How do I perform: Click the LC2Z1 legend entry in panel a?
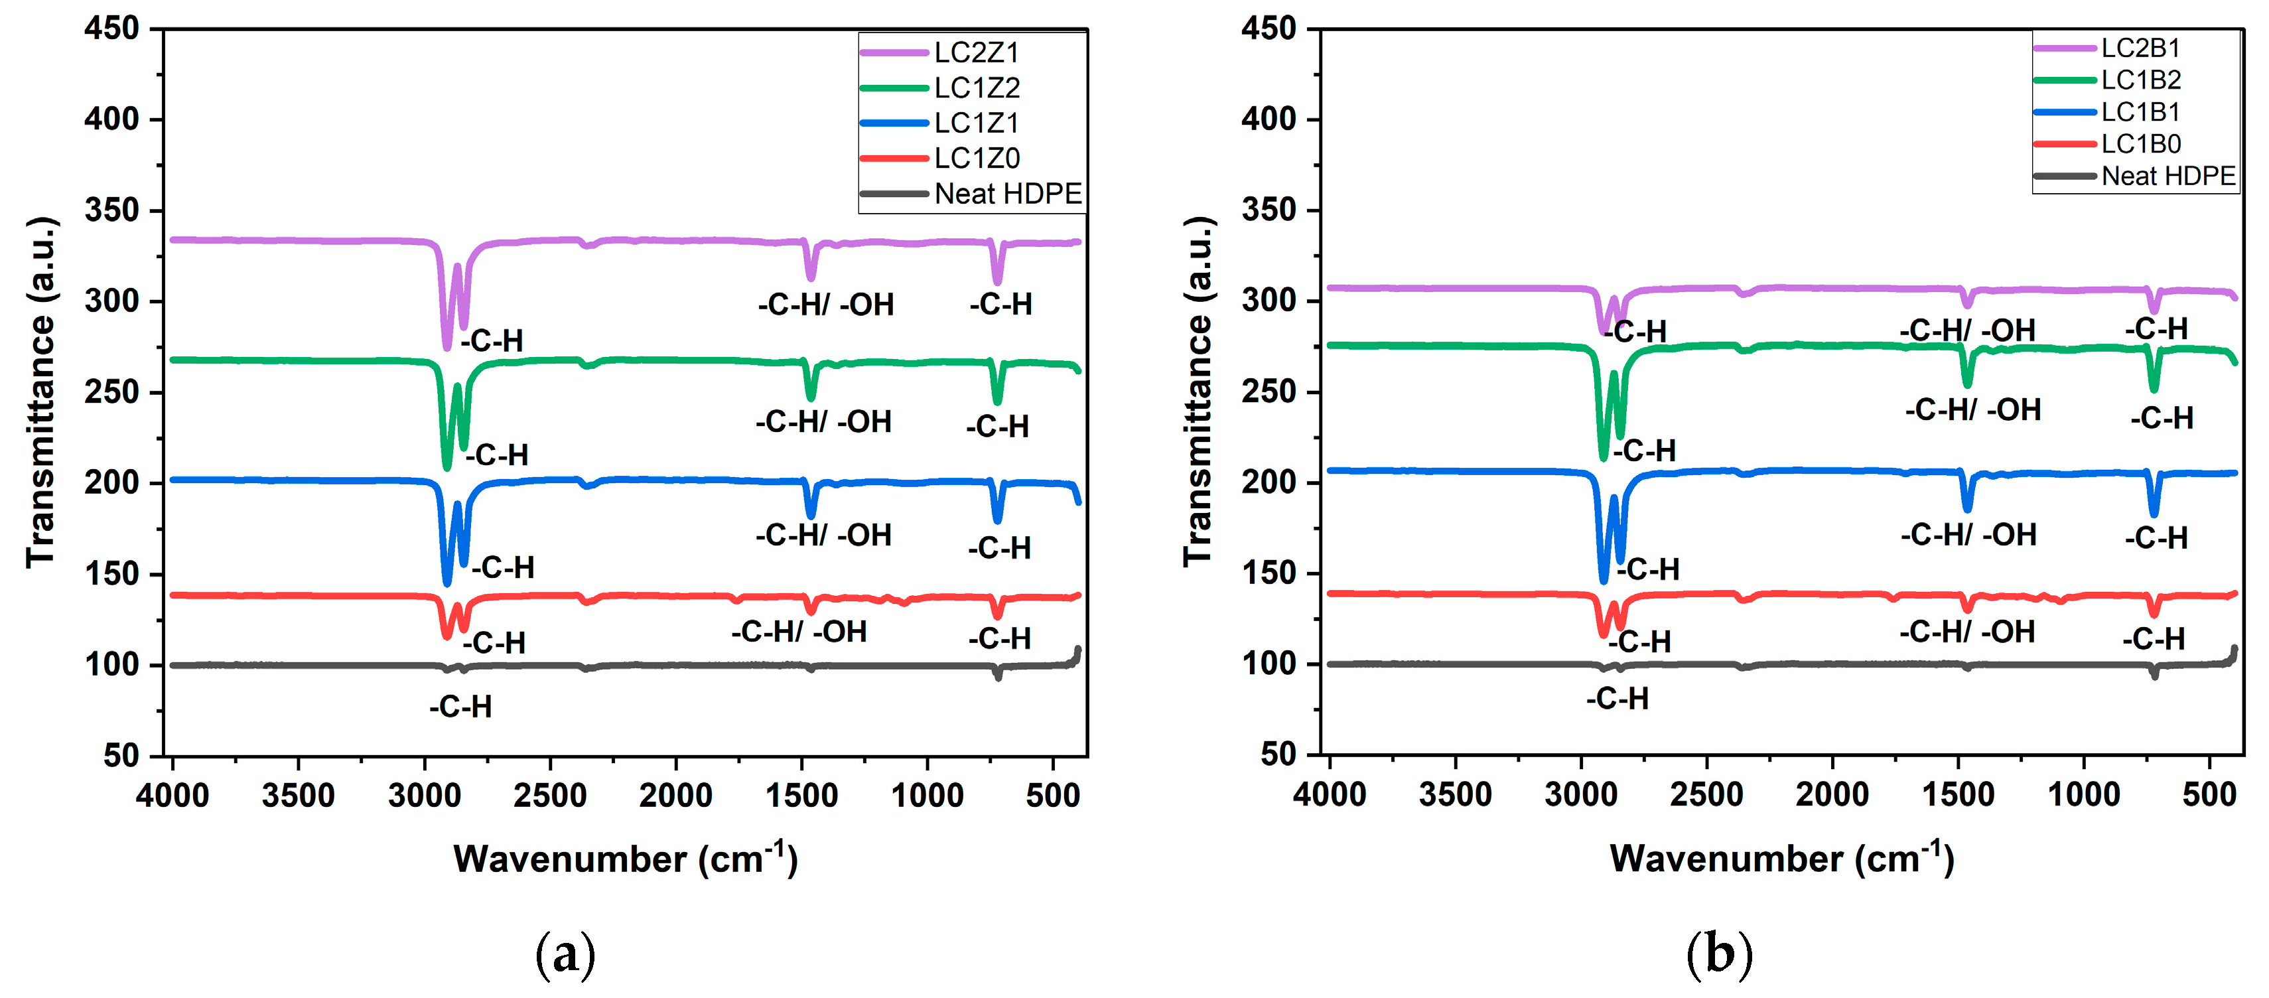975,53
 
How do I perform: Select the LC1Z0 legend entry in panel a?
976,159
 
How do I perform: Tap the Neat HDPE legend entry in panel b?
2167,176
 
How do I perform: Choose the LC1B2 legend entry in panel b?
2140,80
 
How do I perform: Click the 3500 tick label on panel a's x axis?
298,796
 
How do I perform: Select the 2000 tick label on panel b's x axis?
1832,794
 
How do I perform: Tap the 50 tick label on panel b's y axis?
1279,754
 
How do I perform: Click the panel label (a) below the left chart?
565,955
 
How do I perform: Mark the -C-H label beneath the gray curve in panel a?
460,707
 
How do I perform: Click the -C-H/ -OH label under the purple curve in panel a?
825,305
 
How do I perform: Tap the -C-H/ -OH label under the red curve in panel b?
1967,632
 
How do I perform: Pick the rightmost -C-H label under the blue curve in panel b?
2156,537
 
